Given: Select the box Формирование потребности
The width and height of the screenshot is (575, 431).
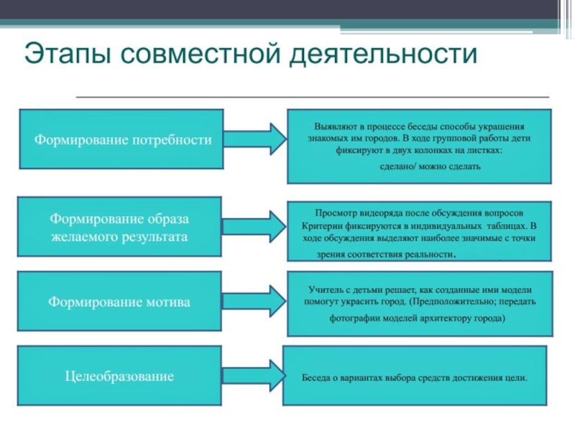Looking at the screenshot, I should pos(120,139).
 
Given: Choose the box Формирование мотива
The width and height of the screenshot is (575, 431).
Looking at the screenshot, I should pos(120,302).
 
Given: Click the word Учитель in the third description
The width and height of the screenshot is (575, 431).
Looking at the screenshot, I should pos(321,288).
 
